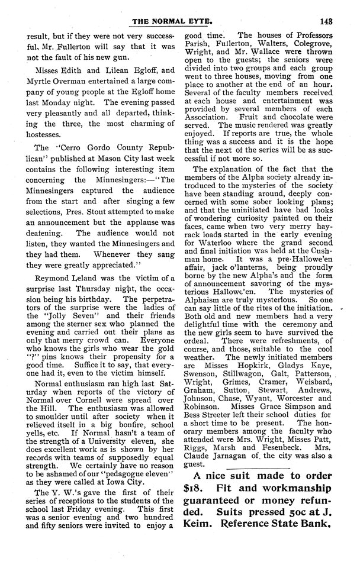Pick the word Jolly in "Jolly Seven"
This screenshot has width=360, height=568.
(73, 325)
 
